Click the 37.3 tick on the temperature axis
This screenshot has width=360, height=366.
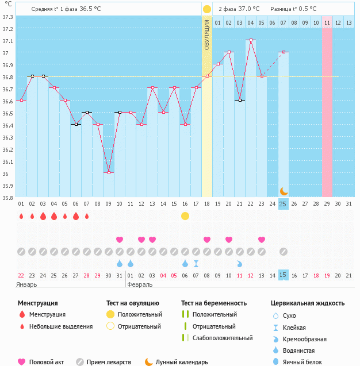click(x=7, y=17)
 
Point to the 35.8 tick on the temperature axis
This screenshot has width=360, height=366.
click(x=7, y=198)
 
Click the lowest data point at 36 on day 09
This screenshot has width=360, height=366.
click(x=109, y=173)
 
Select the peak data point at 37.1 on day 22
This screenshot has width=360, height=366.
click(x=250, y=40)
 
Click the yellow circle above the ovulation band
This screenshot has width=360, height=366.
click(x=207, y=9)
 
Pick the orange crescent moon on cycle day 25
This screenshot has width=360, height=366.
click(x=283, y=191)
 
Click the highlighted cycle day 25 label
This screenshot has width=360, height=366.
click(x=283, y=204)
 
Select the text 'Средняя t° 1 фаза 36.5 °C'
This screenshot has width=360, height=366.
click(x=74, y=9)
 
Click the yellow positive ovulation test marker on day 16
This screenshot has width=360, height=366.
click(x=185, y=216)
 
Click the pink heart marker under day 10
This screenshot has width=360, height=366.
click(x=120, y=240)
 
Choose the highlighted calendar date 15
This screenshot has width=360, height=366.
click(x=283, y=275)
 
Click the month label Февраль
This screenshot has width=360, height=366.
click(x=139, y=284)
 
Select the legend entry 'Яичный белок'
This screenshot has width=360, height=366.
click(x=309, y=361)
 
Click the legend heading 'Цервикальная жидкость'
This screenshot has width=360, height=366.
click(x=308, y=303)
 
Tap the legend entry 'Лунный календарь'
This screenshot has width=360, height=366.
click(x=181, y=362)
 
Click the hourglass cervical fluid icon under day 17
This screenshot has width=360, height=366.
click(x=196, y=264)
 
